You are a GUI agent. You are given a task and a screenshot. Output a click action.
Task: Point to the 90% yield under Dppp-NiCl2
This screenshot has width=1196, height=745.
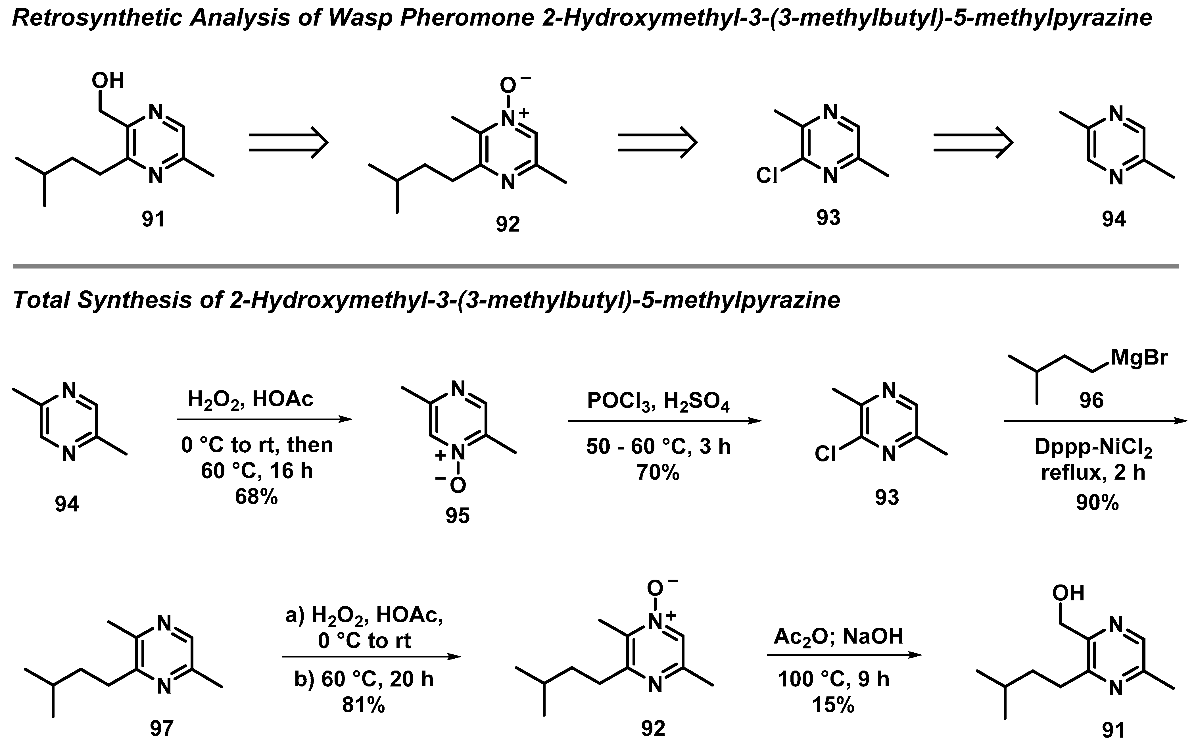point(1097,503)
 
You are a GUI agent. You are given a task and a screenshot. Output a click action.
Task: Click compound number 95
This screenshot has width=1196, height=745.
point(458,515)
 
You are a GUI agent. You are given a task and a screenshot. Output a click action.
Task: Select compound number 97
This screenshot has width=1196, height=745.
point(162,728)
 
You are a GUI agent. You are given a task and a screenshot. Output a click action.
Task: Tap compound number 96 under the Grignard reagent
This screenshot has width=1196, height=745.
point(1091,400)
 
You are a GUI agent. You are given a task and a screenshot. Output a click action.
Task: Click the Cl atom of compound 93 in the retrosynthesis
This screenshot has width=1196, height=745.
point(767,175)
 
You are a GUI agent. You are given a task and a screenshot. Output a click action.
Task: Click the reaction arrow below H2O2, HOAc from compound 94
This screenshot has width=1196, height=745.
point(264,419)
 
